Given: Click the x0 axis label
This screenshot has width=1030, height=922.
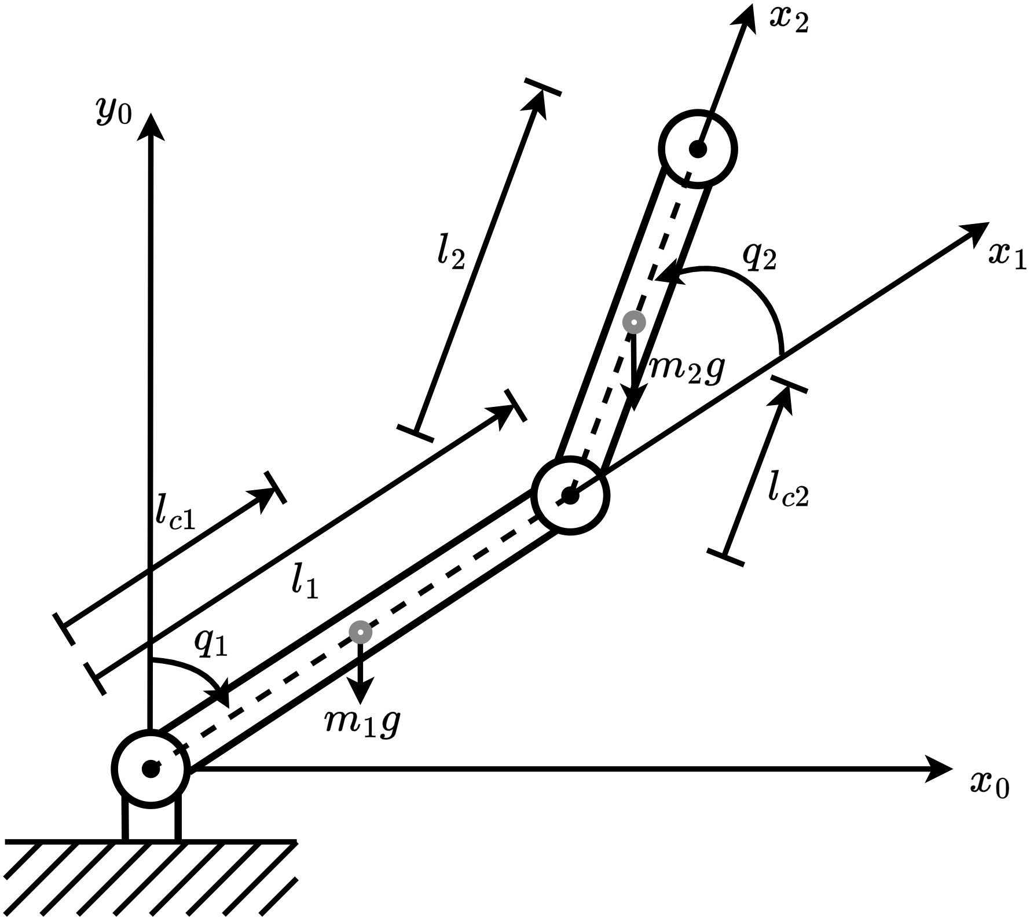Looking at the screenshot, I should pos(989,785).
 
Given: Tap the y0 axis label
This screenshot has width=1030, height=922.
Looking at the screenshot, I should pos(114,111).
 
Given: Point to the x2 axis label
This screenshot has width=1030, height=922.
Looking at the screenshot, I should pos(788,21).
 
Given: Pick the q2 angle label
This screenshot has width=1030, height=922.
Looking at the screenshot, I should pos(759,256).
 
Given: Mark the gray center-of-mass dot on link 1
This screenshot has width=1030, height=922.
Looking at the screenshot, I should pos(360,632).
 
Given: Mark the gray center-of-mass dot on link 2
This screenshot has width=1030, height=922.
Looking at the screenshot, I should pos(634,322).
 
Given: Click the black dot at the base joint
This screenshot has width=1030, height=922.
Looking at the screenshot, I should pos(151,769).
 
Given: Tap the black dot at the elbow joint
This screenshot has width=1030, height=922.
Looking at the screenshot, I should pos(570,495).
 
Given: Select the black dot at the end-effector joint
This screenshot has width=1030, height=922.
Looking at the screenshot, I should pos(699,149).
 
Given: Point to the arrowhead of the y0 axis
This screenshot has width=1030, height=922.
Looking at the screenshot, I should pos(152,124).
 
